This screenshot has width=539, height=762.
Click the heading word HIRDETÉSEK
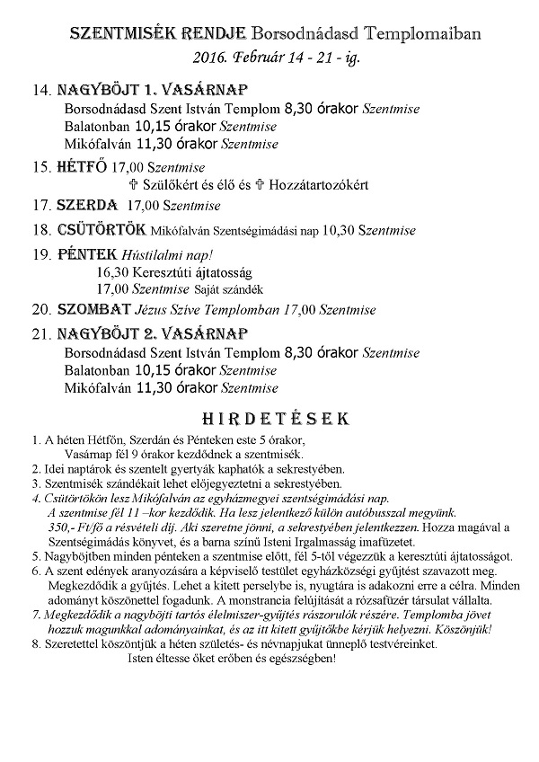coord(269,419)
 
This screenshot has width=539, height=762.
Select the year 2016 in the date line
coord(210,58)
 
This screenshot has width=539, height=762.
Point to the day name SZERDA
coord(88,206)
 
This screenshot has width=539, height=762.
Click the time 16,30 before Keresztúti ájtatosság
coord(110,272)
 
